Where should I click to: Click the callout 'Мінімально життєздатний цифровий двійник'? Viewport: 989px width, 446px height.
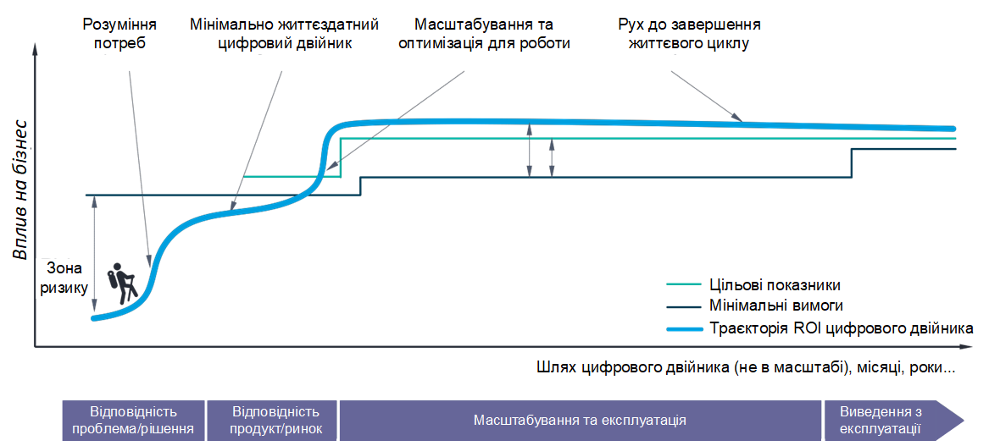coord(283,33)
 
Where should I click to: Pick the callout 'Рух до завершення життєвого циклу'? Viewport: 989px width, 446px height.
coord(688,33)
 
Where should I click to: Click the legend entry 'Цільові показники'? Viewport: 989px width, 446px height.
coord(772,284)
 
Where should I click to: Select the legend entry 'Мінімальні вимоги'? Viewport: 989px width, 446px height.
coord(773,306)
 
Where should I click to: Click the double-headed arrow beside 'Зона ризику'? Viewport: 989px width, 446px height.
coord(95,255)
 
